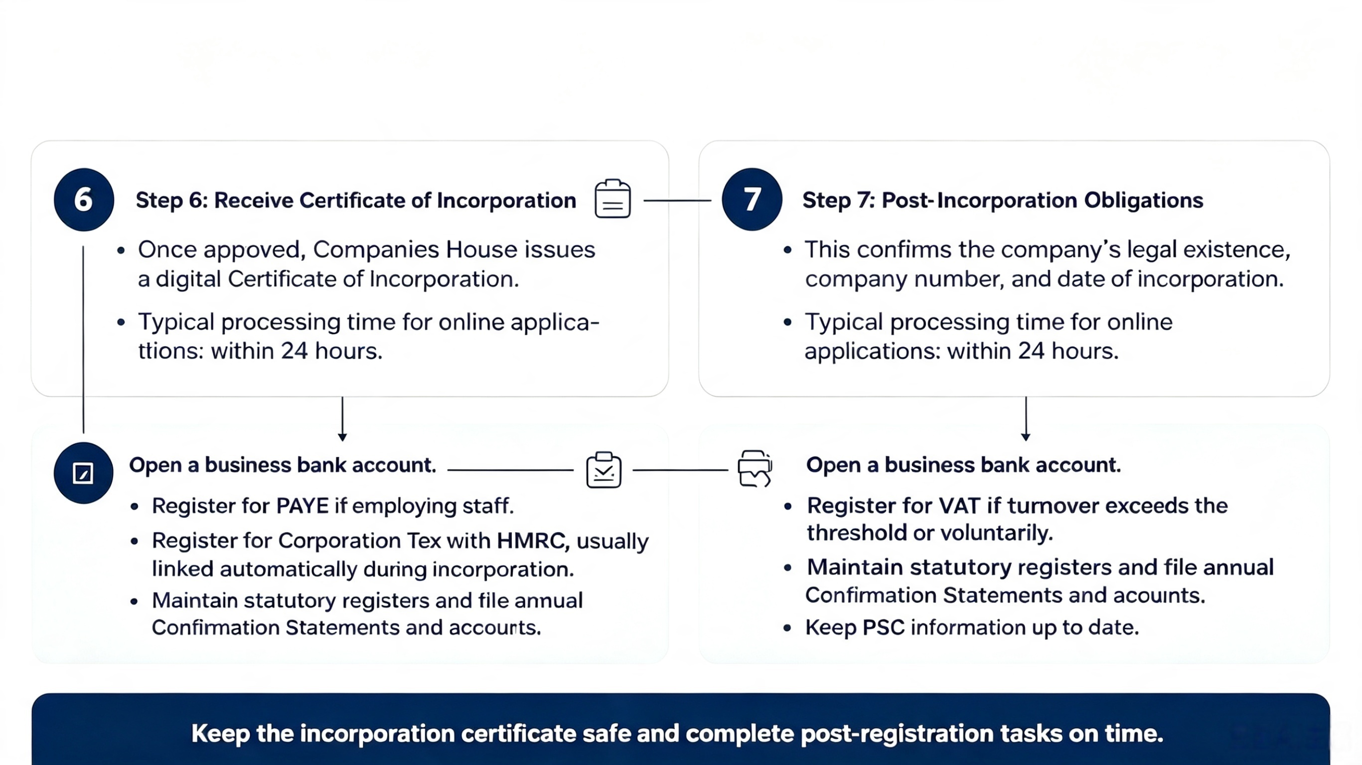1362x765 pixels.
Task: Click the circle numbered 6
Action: click(x=84, y=199)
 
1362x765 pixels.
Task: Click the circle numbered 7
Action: click(x=752, y=199)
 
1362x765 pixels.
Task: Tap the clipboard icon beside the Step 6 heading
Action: click(x=612, y=199)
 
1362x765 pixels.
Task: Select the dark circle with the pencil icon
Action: click(x=83, y=472)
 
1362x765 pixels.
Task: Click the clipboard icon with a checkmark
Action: click(x=604, y=470)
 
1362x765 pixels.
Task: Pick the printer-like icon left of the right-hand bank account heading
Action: click(x=755, y=468)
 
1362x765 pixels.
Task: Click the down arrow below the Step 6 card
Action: click(x=342, y=419)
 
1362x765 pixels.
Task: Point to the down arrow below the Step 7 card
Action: click(x=1026, y=419)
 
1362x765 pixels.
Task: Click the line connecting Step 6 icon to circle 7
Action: click(x=677, y=200)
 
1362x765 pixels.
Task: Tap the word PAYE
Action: click(x=303, y=506)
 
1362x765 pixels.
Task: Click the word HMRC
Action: click(x=532, y=541)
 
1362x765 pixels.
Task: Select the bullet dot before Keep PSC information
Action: click(x=787, y=628)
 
